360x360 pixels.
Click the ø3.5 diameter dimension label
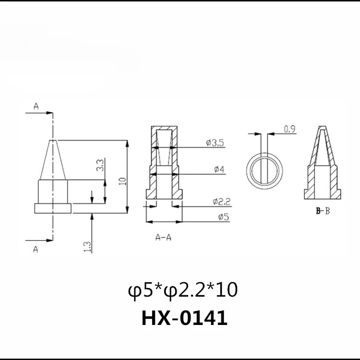[x=215, y=143]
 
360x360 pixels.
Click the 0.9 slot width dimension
[x=289, y=129]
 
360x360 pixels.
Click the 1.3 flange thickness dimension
[x=87, y=247]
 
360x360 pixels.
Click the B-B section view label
[x=323, y=211]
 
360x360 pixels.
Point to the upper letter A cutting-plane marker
[x=36, y=107]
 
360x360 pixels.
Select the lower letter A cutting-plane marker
[x=36, y=248]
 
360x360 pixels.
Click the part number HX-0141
[x=184, y=319]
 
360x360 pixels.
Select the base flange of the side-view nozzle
[x=53, y=208]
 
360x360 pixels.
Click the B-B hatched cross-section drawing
[x=323, y=166]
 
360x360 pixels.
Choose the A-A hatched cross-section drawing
[x=164, y=163]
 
